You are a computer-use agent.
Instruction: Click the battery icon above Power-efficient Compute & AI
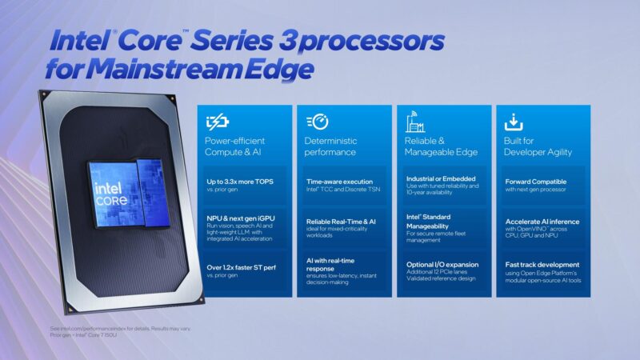click(218, 122)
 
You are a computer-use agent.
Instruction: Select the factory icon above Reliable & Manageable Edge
click(415, 122)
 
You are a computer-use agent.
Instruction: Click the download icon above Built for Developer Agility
click(514, 122)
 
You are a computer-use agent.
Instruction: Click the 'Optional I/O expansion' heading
click(442, 265)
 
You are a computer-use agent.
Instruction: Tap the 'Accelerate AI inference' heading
click(542, 222)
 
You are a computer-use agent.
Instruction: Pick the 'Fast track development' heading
click(542, 265)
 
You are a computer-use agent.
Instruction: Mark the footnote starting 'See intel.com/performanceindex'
click(120, 329)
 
